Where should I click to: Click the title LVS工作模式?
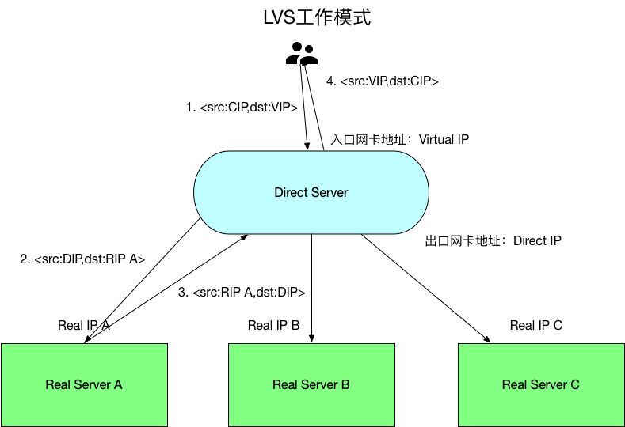click(316, 18)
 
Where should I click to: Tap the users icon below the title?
click(302, 54)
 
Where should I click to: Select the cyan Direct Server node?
click(311, 192)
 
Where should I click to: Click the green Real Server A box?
click(84, 384)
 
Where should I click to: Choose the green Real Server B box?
click(311, 384)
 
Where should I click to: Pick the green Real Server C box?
click(541, 384)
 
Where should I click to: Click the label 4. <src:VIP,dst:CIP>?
click(383, 81)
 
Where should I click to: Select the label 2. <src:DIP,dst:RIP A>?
click(82, 259)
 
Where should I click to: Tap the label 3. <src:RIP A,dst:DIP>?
click(242, 293)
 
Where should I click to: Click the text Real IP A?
click(83, 325)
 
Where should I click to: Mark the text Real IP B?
click(273, 325)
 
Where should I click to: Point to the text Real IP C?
click(536, 325)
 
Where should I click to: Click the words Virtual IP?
click(444, 139)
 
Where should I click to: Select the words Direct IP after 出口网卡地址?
click(537, 240)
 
